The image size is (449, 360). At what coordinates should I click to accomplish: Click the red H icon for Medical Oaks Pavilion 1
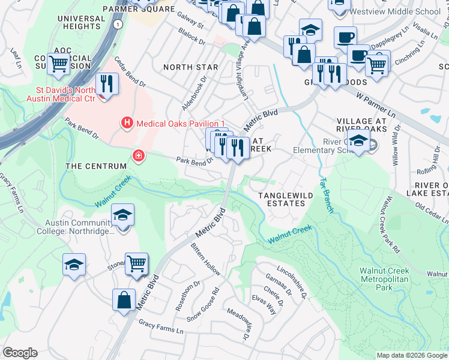click(127, 123)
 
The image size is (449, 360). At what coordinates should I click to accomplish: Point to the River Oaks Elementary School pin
click(358, 142)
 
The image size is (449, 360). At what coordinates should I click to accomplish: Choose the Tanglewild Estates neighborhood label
click(282, 199)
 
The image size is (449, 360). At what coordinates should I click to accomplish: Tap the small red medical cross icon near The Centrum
click(139, 156)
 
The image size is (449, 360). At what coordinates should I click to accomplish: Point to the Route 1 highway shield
click(119, 25)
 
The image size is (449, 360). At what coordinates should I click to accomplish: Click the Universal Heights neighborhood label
click(82, 23)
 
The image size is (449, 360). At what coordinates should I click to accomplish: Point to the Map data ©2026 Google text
click(411, 355)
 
